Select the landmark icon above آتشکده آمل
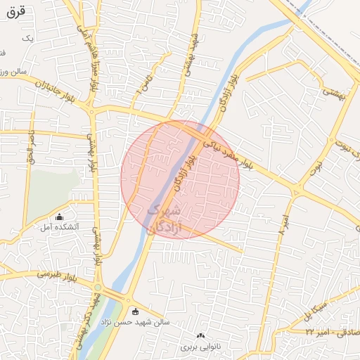[x=59, y=217]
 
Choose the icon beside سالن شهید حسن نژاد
[x=135, y=311]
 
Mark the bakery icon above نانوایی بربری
[x=201, y=336]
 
